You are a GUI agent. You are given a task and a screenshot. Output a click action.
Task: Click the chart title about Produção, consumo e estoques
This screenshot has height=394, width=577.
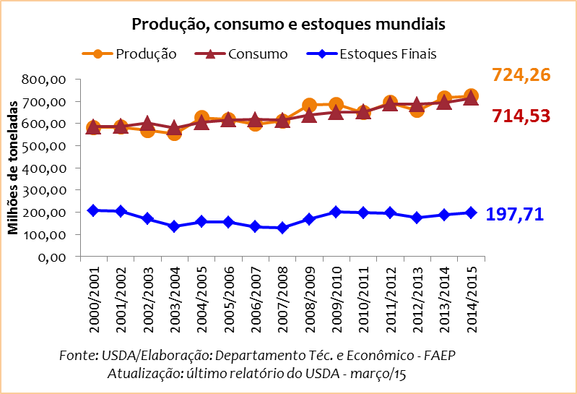point(287,25)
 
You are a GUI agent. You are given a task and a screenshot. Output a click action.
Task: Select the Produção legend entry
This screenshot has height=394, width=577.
point(146,54)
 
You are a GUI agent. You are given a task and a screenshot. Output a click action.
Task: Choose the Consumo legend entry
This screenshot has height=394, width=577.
point(257,54)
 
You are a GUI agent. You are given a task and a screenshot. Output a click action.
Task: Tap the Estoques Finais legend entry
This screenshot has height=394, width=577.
point(388,54)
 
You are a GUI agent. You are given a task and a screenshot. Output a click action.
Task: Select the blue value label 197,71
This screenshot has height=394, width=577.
point(514,214)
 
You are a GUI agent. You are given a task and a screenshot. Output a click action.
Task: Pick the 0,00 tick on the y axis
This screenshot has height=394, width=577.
point(52,257)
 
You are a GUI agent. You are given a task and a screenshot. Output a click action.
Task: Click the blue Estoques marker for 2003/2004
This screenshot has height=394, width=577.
point(174,227)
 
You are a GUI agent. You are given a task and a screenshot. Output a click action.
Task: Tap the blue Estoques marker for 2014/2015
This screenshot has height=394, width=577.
point(471,213)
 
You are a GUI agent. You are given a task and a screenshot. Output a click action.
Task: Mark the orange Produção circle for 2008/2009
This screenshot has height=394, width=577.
point(309,106)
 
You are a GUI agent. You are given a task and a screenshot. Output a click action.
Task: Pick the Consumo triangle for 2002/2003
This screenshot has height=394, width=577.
point(147,124)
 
